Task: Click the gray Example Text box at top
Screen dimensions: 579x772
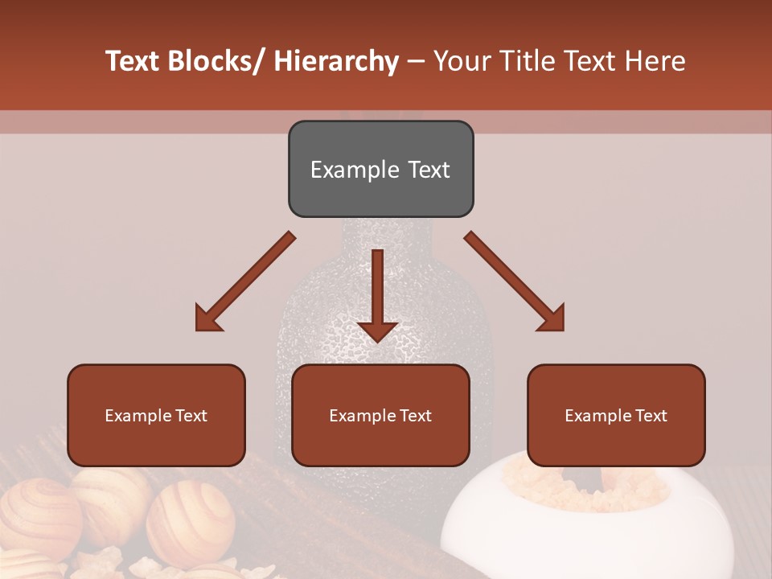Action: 380,169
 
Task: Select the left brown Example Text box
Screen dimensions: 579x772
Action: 156,415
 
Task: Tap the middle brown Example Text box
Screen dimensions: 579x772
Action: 380,415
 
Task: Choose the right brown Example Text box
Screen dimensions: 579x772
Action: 616,415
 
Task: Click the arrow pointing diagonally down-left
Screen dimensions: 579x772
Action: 245,281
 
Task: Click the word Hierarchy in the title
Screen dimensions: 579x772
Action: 336,62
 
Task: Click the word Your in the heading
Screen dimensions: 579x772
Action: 461,62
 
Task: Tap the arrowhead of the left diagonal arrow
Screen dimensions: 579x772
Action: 207,319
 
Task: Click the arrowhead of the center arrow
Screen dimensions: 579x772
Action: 377,331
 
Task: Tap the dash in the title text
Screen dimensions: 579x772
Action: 416,62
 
